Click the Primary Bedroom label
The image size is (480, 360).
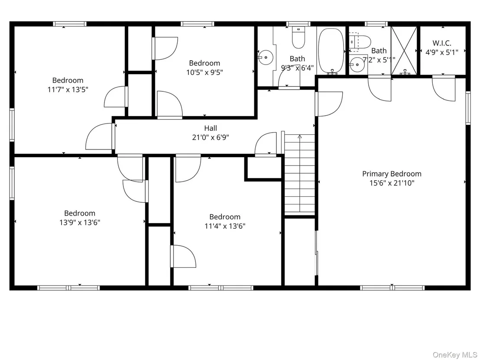coord(392,174)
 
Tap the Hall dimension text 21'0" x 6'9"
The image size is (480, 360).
coord(211,137)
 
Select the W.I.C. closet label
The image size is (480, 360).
coord(442,43)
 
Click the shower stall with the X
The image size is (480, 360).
coord(404,51)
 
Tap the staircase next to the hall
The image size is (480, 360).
coord(300,174)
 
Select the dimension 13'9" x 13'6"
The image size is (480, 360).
coord(80,223)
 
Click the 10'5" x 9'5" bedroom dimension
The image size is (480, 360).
coord(205,72)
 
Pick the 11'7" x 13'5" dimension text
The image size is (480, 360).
coord(68,90)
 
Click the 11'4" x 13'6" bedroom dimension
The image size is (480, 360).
coord(225,226)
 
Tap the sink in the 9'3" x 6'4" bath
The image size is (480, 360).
coord(266,57)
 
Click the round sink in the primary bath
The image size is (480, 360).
coord(357,65)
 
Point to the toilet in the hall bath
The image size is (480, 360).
coord(298,38)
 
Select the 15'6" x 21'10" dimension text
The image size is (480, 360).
coord(392,183)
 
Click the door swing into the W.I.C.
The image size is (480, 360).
coord(444,89)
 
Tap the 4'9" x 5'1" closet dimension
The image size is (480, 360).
coord(442,52)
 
